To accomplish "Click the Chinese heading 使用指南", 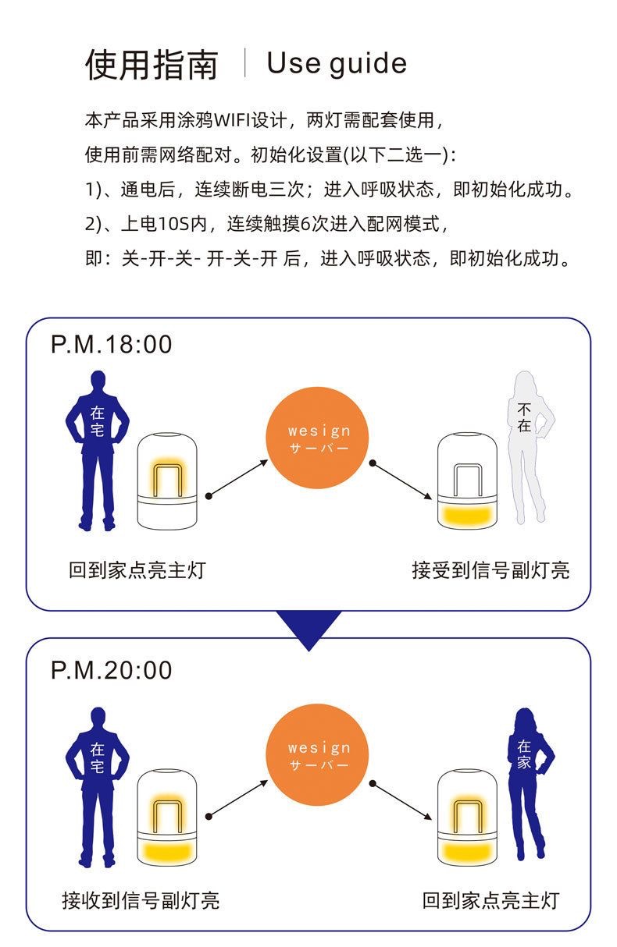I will pos(152,64).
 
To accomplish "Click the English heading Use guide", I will pos(337,63).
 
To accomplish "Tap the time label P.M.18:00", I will pos(112,344).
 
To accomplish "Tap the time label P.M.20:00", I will pos(112,670).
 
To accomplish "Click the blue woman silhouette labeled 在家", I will pos(528,780).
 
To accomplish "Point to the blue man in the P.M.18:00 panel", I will pos(97,449).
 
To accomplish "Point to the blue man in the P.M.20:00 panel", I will pos(97,784).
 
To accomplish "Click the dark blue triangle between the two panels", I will pos(309,628).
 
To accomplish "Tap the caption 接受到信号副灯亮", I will pos(490,570).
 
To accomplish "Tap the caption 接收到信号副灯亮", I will pos(141,901).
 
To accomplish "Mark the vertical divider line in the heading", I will pos(245,62).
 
